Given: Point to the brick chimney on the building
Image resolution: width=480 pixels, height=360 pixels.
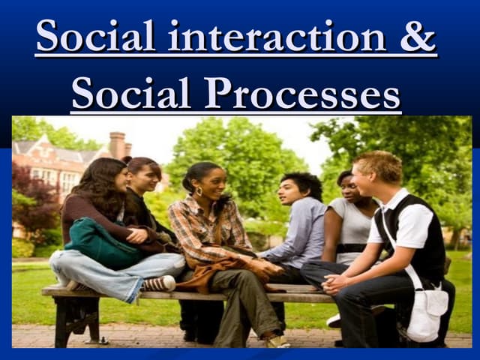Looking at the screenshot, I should tap(117, 145).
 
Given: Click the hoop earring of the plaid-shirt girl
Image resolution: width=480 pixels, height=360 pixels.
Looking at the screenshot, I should tap(200, 191).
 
